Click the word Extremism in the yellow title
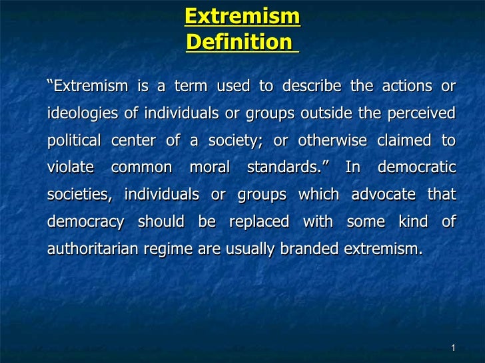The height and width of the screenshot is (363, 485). tap(242, 15)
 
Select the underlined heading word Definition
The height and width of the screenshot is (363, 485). tap(239, 42)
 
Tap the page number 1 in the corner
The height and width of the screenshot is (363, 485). tap(452, 349)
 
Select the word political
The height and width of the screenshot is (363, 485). tap(74, 141)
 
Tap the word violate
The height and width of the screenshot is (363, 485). tap(71, 168)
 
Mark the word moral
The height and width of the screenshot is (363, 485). tap(209, 168)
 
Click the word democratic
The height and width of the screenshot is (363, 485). tap(416, 168)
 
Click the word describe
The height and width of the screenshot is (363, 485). tap(311, 87)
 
